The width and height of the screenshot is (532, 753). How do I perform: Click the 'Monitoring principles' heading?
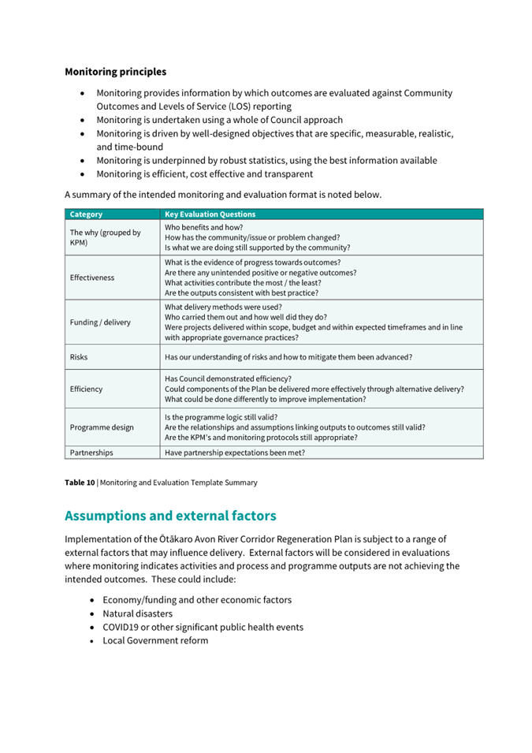coord(115,72)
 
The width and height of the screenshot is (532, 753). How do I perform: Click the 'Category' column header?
coord(86,214)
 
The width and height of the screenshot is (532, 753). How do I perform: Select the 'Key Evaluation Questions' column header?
coord(210,214)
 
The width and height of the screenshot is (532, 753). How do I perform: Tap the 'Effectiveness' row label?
coord(92,278)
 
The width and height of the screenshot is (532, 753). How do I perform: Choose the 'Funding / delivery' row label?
coord(101,322)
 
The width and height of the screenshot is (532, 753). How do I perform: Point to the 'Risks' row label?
coord(79,356)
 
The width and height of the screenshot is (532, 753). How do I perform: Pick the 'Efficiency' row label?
coord(86,389)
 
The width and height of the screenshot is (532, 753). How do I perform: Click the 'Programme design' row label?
coord(102,427)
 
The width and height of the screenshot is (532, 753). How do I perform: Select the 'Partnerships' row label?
coord(91,453)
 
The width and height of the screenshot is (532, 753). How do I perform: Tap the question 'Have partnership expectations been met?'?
coord(235,453)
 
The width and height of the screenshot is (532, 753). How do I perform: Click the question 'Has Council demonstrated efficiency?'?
coord(228,378)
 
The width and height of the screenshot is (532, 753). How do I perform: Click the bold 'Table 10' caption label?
coord(80,483)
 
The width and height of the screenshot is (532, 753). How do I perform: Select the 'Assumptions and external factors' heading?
coord(170,516)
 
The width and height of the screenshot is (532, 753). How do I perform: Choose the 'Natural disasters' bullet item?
coord(137,613)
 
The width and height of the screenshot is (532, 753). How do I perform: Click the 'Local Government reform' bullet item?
coord(155,640)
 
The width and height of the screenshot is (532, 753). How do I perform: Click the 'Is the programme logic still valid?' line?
coord(221,417)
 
